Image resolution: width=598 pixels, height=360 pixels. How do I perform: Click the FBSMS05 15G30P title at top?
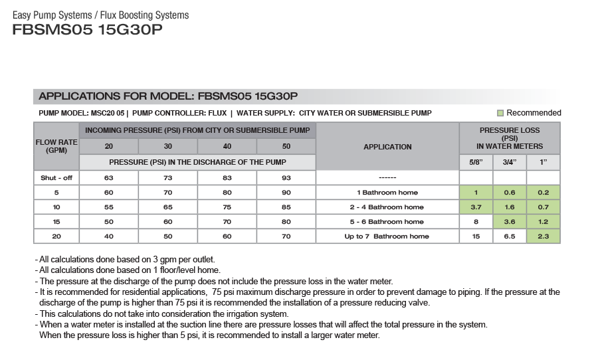click(87, 31)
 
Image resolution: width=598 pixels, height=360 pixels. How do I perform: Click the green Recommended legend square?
click(500, 113)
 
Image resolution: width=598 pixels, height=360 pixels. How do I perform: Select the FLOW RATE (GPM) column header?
click(56, 146)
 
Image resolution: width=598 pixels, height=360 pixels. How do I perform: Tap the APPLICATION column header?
click(387, 147)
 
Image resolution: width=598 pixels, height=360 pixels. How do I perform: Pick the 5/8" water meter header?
click(476, 162)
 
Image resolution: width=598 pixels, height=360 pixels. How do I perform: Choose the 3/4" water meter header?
click(510, 162)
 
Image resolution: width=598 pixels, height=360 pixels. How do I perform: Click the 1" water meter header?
click(543, 162)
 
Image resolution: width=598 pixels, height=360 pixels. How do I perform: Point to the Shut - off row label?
click(56, 178)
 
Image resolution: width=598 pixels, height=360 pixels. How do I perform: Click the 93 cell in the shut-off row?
click(286, 178)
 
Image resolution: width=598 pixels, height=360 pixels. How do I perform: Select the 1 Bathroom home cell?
click(387, 193)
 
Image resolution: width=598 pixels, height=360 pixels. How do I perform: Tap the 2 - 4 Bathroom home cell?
click(387, 207)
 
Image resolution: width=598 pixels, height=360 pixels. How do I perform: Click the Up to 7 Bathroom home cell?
click(387, 236)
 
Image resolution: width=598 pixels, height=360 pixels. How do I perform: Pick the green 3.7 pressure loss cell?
click(476, 207)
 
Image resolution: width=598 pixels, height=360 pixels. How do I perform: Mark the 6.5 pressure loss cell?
click(510, 236)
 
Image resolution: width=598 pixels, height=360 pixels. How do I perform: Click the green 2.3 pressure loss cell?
click(543, 236)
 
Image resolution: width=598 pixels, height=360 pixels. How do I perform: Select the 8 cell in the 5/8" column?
click(476, 222)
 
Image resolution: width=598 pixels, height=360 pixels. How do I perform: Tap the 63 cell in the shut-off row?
click(108, 178)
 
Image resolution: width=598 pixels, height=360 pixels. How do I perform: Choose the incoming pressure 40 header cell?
click(227, 146)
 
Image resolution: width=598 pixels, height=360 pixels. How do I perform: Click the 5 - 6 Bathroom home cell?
click(387, 222)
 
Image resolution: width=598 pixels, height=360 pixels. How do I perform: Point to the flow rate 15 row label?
click(56, 222)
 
